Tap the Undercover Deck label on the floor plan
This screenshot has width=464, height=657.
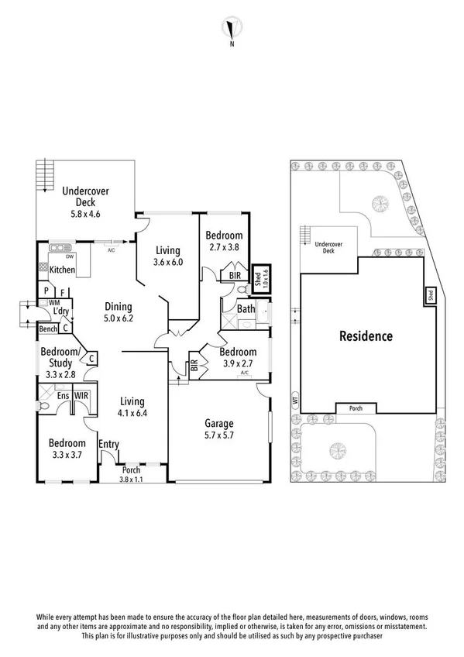(85, 197)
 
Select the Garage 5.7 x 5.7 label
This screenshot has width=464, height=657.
(219, 429)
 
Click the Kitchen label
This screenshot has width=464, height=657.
(63, 270)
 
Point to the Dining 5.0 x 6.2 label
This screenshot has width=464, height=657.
(119, 312)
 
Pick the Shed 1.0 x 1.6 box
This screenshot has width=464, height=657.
(262, 278)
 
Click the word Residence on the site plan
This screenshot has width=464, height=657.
(366, 336)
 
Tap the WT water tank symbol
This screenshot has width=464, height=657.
(296, 401)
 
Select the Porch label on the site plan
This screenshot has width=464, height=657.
(356, 408)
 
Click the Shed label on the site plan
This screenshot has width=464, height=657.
(431, 295)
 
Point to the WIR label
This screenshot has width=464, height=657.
(81, 396)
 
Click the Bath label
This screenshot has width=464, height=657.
(246, 309)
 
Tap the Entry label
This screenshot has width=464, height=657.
(109, 444)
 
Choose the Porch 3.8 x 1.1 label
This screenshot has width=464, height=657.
(131, 474)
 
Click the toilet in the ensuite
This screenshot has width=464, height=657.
(43, 406)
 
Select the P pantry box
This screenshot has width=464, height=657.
(46, 291)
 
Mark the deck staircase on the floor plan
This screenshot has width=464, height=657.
(45, 174)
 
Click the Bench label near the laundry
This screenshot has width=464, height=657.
(48, 329)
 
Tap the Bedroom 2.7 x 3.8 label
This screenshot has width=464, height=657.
(224, 241)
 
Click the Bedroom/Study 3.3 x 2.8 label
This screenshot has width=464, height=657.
(60, 363)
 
